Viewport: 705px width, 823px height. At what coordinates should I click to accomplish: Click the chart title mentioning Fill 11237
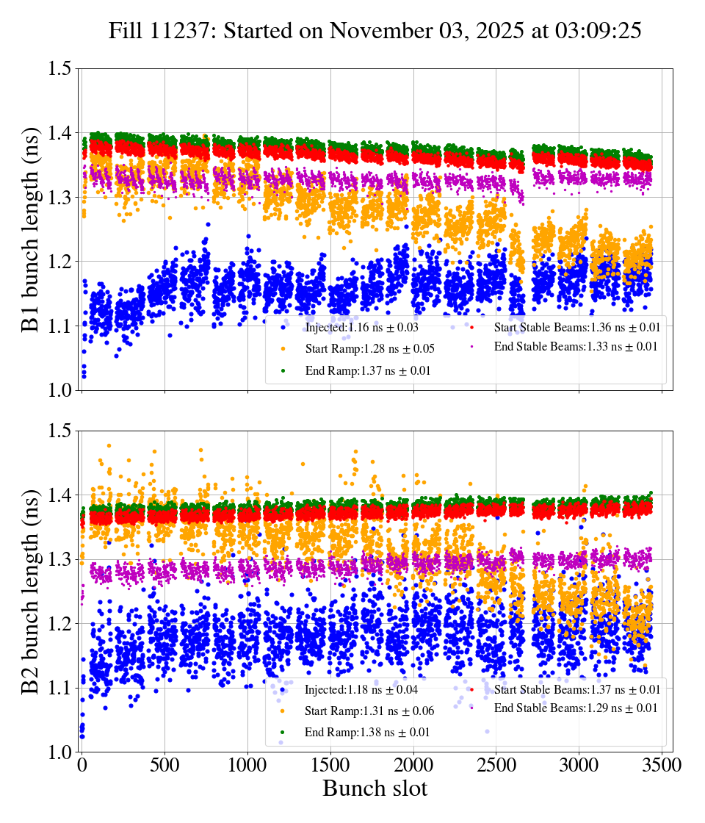pyautogui.click(x=375, y=31)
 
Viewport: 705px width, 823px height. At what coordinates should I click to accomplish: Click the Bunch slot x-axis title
pyautogui.click(x=375, y=789)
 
